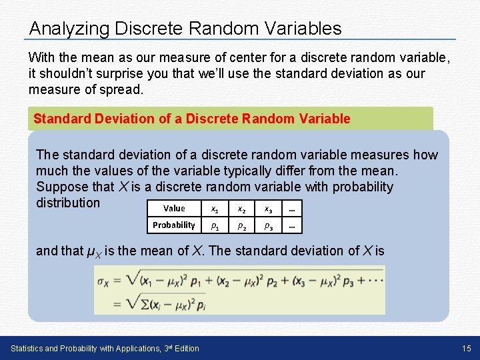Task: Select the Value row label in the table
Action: tap(174, 208)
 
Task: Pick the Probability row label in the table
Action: tap(174, 225)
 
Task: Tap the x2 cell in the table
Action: tap(241, 208)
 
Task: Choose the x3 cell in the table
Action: tap(267, 208)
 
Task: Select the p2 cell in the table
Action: tap(241, 225)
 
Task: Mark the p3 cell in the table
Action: tap(267, 225)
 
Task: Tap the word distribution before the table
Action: tap(68, 203)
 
